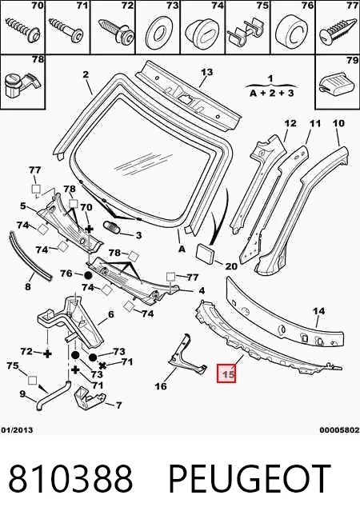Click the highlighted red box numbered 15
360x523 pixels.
click(226, 373)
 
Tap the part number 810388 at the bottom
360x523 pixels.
click(70, 478)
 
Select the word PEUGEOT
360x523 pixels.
click(250, 478)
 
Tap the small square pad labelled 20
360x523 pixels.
click(206, 253)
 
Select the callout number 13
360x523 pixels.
click(206, 72)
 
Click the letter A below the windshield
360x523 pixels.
click(182, 249)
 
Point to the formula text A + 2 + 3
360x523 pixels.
click(271, 93)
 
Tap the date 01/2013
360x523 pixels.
click(17, 430)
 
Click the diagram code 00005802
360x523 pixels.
click(339, 430)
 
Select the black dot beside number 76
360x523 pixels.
click(88, 276)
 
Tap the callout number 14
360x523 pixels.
click(318, 311)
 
